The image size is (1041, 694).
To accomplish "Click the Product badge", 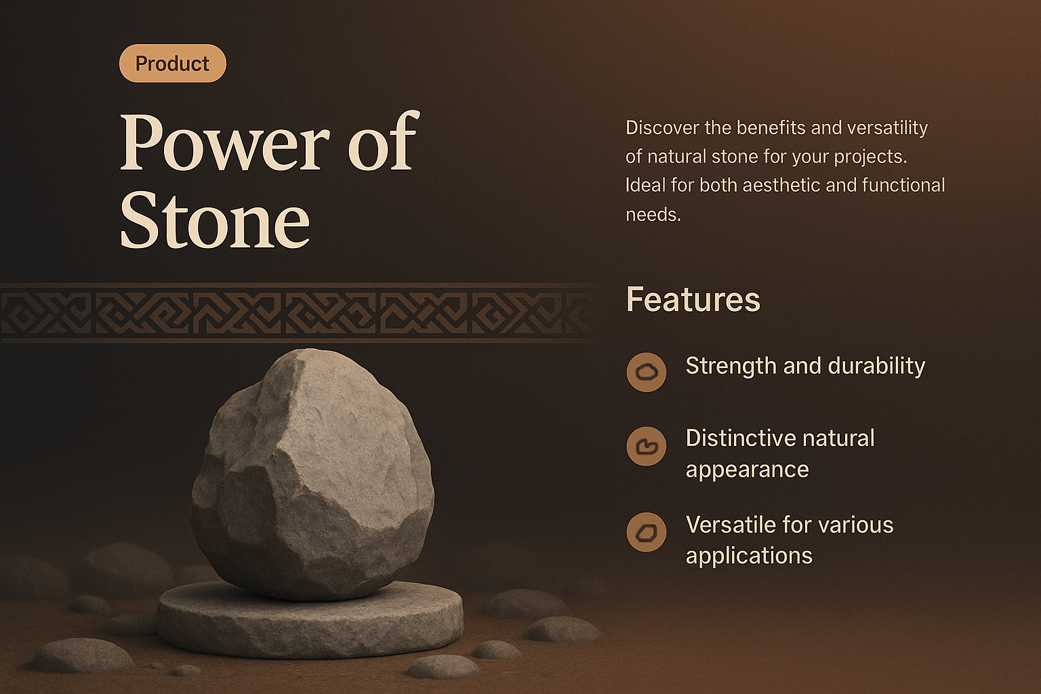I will point(172,64).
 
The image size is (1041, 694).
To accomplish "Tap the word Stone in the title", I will point(215,221).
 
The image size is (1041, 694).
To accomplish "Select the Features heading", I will point(693,300).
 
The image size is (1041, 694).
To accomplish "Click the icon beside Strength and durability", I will point(647,372).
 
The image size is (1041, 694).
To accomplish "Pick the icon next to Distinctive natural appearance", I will point(647,446).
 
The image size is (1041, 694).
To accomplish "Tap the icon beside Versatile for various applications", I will point(647,532).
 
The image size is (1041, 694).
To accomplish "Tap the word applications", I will point(749,556).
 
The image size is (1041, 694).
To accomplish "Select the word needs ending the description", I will point(652,215).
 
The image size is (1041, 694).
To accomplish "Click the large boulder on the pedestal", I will point(312,474).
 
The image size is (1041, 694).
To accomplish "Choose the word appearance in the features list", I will point(747,470).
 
